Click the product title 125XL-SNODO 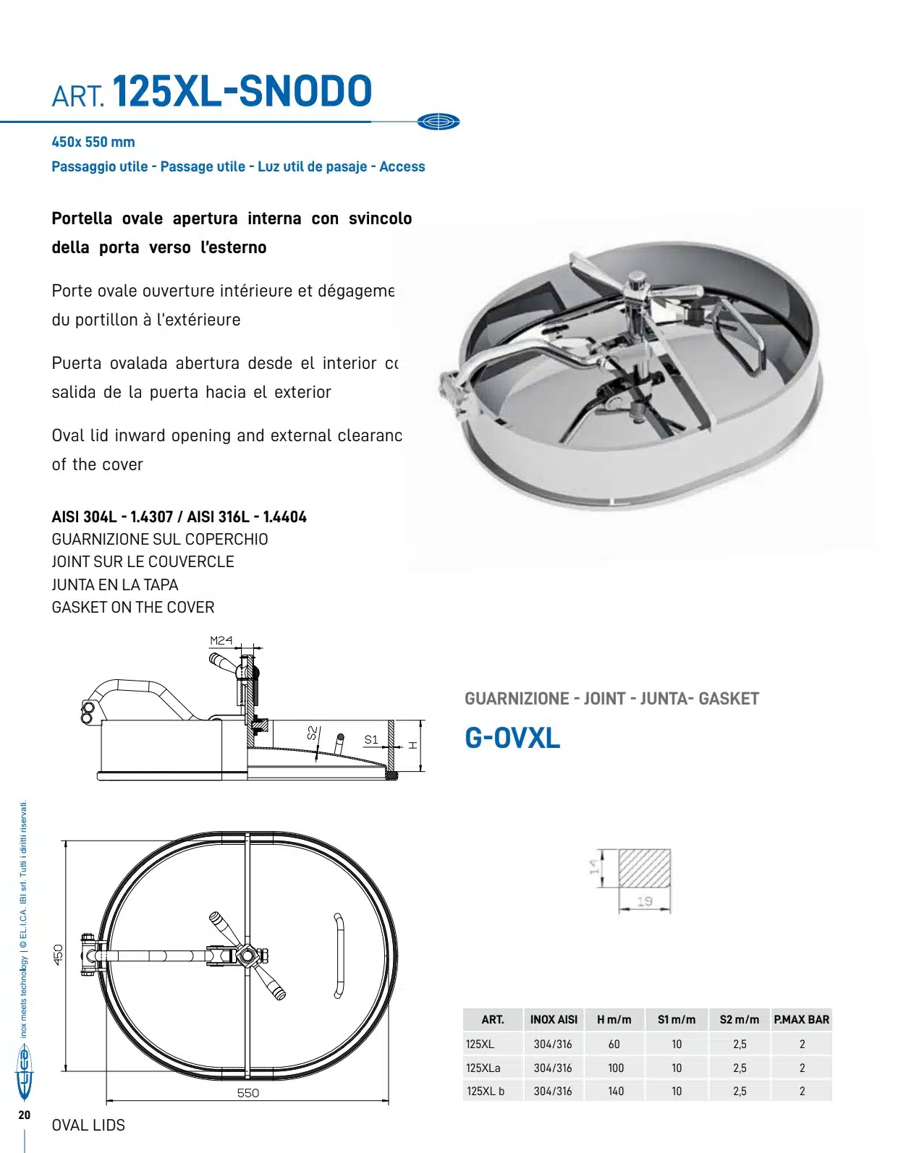(242, 92)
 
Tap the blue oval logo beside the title (439, 122)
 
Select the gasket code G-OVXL (512, 738)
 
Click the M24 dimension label (221, 640)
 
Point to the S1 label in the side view (371, 739)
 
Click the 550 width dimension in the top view (248, 1092)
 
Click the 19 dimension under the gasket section (645, 901)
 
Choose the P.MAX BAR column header (802, 1020)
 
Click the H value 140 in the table (616, 1091)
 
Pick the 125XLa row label (483, 1068)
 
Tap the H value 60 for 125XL (614, 1044)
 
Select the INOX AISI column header (554, 1020)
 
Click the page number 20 (25, 1115)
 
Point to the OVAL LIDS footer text (88, 1126)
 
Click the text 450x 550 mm (93, 142)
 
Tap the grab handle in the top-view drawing (338, 956)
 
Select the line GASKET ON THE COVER (133, 608)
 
